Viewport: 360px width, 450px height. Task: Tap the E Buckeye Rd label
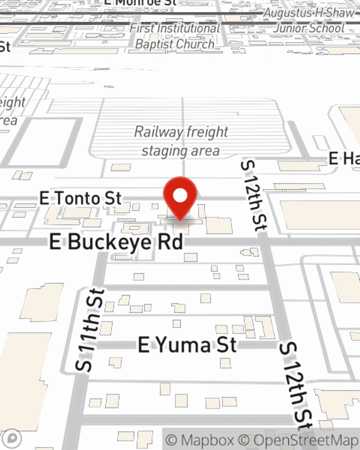(x=116, y=242)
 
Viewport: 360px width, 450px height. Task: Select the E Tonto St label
(x=80, y=198)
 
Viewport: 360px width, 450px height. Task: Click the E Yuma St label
(x=187, y=345)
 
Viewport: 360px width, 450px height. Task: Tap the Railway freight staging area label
(x=181, y=141)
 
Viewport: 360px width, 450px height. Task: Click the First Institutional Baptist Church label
(x=175, y=36)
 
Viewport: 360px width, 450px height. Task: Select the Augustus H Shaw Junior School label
(x=309, y=21)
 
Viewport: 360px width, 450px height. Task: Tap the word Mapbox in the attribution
(x=207, y=440)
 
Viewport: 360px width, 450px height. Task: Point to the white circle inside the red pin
(x=180, y=195)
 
